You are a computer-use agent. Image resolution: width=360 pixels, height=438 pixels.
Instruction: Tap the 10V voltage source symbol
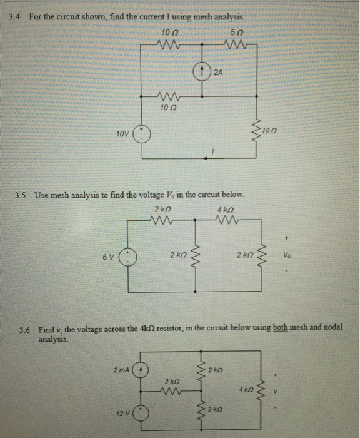[x=142, y=134]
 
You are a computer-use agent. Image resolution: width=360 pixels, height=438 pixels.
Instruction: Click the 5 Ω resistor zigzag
[x=236, y=44]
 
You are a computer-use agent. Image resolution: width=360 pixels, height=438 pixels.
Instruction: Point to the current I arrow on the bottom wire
[x=214, y=158]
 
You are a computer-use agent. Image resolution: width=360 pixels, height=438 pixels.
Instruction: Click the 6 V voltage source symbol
[x=128, y=257]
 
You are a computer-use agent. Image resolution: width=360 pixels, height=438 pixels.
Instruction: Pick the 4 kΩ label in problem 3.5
[x=226, y=210]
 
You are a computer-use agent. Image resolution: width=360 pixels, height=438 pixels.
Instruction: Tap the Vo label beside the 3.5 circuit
[x=287, y=255]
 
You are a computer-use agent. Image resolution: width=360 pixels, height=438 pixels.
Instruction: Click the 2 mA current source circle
[x=141, y=370]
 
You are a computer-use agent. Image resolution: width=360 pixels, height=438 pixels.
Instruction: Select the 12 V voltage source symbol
[x=141, y=413]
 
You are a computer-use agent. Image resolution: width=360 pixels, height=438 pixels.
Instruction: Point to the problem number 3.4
[x=14, y=17]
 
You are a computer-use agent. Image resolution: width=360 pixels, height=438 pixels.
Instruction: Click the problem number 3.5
[x=21, y=195]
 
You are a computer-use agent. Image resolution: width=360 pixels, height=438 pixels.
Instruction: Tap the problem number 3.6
[x=24, y=330]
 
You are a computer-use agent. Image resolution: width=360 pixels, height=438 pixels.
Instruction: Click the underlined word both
[x=280, y=327]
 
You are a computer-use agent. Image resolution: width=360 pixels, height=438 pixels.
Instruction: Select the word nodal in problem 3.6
[x=333, y=327]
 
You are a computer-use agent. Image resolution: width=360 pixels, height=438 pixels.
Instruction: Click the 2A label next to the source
[x=219, y=73]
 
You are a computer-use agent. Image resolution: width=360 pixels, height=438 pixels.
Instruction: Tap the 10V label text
[x=122, y=134]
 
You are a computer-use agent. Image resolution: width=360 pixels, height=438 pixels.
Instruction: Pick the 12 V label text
[x=122, y=414]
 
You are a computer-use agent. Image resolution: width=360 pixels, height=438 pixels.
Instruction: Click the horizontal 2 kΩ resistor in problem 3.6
[x=171, y=391]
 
